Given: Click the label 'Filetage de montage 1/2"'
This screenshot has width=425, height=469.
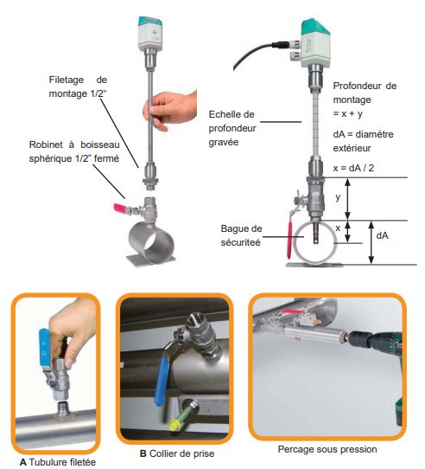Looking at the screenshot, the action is coord(78,87).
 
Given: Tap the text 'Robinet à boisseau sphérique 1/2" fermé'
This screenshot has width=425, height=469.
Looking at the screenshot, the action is coord(74,151).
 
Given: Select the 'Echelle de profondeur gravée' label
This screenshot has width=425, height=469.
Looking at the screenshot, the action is coord(232,128).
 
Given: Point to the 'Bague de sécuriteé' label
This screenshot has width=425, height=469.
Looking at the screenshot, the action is coord(241,235).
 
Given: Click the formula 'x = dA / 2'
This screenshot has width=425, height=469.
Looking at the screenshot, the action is coord(353,168).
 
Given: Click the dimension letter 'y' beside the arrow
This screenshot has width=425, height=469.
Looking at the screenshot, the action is coord(338,197).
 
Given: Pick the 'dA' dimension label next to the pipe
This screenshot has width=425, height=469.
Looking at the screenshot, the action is coord(383,235).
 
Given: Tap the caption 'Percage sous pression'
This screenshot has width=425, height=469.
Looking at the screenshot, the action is coord(327,449).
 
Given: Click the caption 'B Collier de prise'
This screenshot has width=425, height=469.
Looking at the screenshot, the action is coord(177,453).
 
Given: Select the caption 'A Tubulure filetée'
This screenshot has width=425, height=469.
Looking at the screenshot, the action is coord(58,462).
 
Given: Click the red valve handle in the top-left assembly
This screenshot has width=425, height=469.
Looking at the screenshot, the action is coord(121,208).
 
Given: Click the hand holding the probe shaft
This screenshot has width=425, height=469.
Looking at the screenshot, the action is coord(169,110).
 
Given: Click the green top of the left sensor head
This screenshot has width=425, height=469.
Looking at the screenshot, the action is coord(150,23).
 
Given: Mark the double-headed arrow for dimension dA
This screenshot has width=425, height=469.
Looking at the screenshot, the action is coord(371,242).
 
